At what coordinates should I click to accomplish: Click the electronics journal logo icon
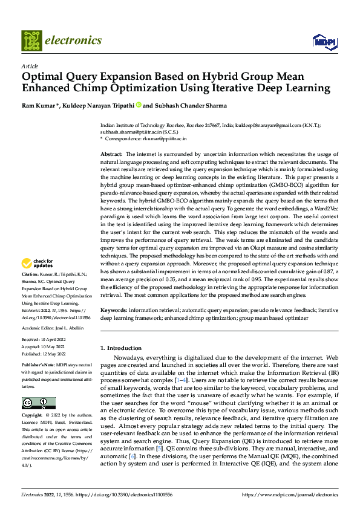31,41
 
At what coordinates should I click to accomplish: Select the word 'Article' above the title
30,66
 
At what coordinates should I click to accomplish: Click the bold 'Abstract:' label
111,155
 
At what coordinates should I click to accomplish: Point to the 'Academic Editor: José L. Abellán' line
53,328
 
